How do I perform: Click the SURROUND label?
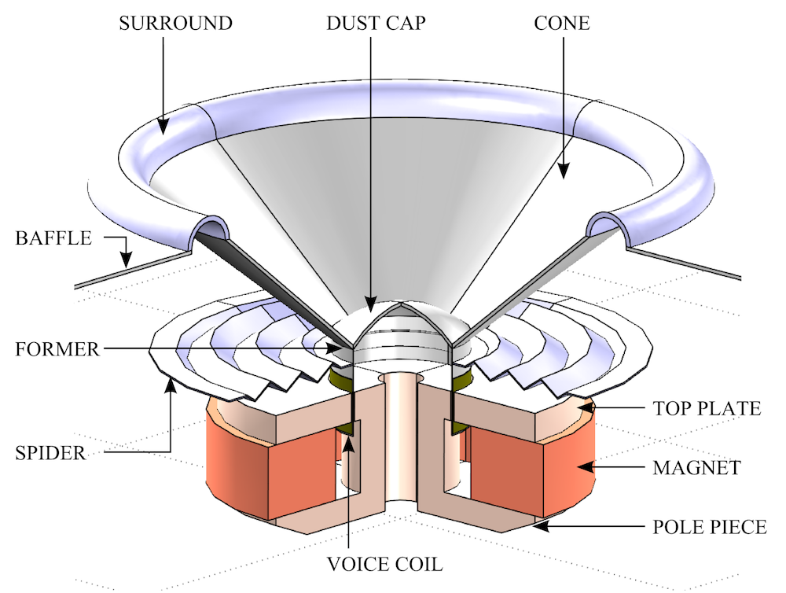(x=175, y=23)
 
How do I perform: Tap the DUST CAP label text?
(x=376, y=23)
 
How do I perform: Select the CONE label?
(x=562, y=23)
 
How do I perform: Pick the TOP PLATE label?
(x=707, y=409)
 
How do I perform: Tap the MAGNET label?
(x=696, y=468)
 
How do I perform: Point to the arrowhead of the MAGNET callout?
(x=582, y=467)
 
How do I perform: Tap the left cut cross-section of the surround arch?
(x=210, y=229)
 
